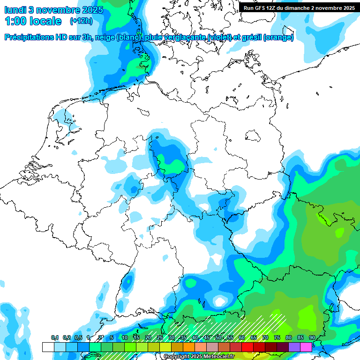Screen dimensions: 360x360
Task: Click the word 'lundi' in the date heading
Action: [x=15, y=10]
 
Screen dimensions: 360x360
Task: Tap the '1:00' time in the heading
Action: [x=16, y=21]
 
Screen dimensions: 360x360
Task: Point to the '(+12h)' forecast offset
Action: [x=81, y=21]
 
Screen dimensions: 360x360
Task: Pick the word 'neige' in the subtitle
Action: [x=105, y=37]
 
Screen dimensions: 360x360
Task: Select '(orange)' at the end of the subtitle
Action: [x=279, y=37]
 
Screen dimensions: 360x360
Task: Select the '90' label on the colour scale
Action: [x=312, y=337]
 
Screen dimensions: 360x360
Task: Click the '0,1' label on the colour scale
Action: [x=54, y=337]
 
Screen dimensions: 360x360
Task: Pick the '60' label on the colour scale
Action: [x=242, y=337]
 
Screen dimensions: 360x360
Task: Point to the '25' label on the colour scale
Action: [x=160, y=337]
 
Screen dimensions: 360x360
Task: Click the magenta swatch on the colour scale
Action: [x=306, y=347]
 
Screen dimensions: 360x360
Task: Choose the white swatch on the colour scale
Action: [x=48, y=347]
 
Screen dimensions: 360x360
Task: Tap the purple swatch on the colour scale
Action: [x=294, y=347]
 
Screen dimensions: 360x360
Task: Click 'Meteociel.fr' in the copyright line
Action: [x=219, y=357]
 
